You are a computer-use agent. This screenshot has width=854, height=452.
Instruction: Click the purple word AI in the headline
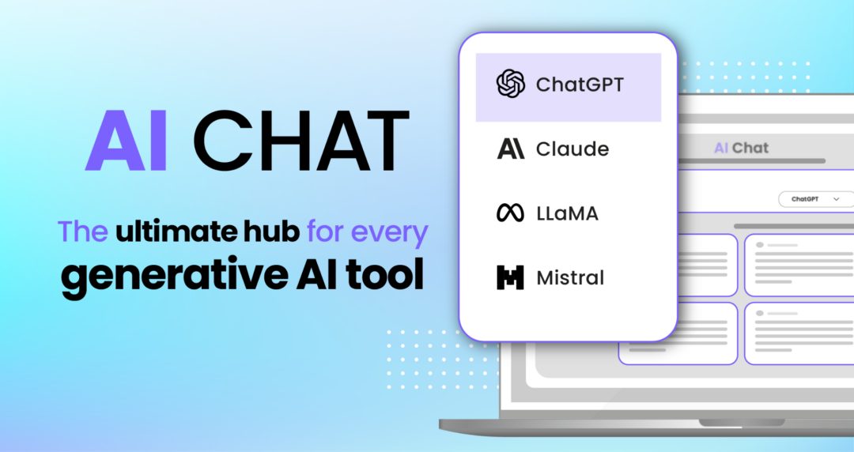pyautogui.click(x=126, y=141)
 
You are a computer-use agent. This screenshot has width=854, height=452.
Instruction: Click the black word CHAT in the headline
pyautogui.click(x=300, y=141)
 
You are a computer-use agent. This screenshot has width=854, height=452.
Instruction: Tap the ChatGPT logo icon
pyautogui.click(x=511, y=84)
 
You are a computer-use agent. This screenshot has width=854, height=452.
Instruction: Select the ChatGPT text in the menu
pyautogui.click(x=580, y=85)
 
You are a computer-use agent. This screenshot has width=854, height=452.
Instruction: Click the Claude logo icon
pyautogui.click(x=511, y=149)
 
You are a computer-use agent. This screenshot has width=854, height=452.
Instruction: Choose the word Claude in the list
pyautogui.click(x=572, y=149)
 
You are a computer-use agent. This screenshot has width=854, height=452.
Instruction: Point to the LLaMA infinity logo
pyautogui.click(x=511, y=213)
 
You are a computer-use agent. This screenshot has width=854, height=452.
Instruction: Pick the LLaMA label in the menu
pyautogui.click(x=567, y=213)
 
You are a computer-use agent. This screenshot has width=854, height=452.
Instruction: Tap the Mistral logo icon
pyautogui.click(x=511, y=278)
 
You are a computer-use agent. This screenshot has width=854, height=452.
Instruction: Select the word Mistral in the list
pyautogui.click(x=570, y=278)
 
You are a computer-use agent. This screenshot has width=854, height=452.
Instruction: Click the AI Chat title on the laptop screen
pyautogui.click(x=741, y=148)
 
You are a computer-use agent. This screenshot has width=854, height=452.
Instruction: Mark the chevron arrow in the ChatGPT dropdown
pyautogui.click(x=837, y=199)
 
